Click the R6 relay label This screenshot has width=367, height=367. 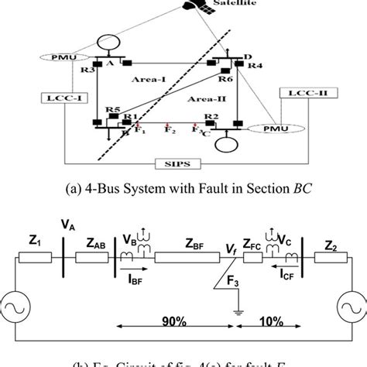[226, 79]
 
